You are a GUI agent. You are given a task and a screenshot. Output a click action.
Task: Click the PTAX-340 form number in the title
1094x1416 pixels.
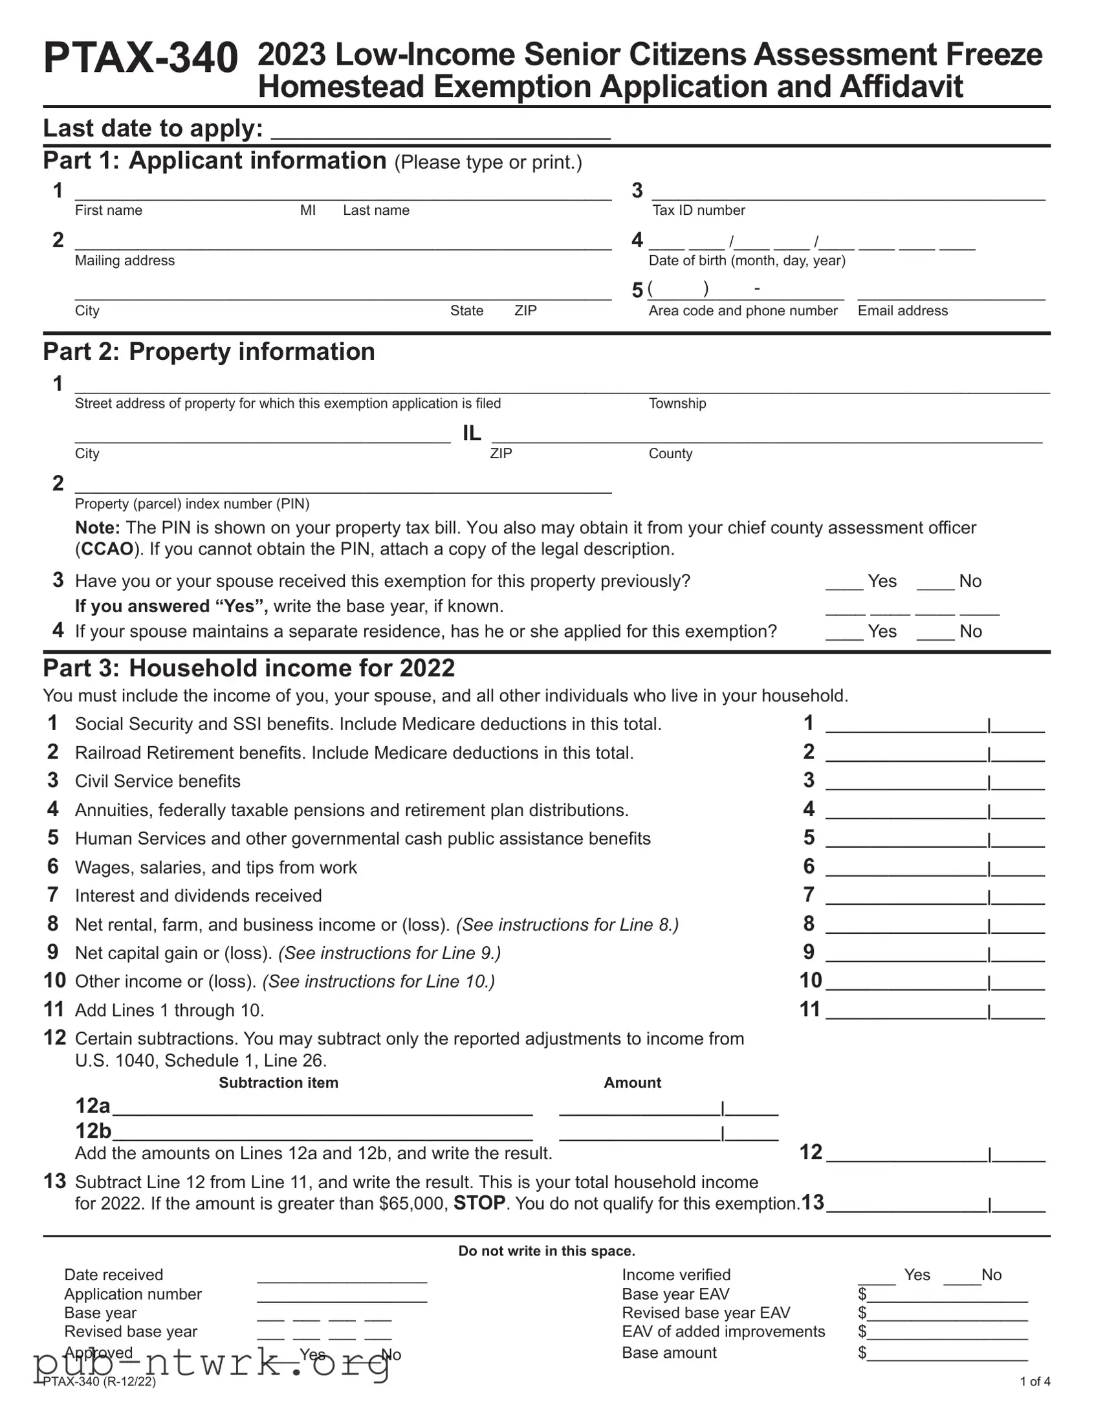pos(140,58)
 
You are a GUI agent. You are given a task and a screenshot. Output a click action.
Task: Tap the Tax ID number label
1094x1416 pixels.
pos(698,210)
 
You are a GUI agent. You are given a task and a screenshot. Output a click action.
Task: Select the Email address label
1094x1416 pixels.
pos(902,311)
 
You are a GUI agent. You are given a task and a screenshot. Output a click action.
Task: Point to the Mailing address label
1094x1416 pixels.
pos(124,261)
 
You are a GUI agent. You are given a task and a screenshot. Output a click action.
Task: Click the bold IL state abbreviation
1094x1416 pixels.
pos(471,433)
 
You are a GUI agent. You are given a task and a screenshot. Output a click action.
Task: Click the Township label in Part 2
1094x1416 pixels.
pos(677,403)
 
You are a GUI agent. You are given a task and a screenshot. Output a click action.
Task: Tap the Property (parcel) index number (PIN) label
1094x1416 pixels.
pos(192,503)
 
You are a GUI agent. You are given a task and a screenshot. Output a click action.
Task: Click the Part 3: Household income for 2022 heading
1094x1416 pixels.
pos(249,669)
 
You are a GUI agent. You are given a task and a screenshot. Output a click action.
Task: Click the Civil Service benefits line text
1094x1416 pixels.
pos(157,781)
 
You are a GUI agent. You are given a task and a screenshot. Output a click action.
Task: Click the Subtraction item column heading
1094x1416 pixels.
pos(278,1083)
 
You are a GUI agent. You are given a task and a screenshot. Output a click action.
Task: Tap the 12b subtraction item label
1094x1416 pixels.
pos(93,1131)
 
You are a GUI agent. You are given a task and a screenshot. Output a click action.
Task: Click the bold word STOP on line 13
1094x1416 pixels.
pos(479,1203)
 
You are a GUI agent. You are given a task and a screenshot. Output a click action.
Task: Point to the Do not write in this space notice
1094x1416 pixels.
pos(546,1251)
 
